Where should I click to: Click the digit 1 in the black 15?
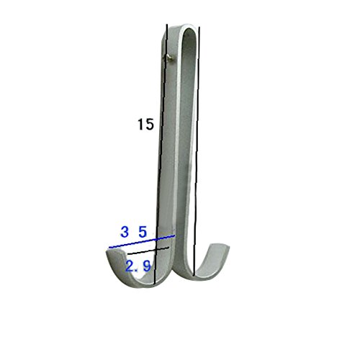tap(140, 125)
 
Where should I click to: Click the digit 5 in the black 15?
tap(149, 125)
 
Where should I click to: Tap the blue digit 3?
tap(125, 232)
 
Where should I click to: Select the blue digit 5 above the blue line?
tap(143, 232)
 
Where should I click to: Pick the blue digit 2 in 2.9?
tap(130, 266)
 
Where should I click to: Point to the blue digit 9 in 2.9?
tap(147, 266)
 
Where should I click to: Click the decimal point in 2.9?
tap(137, 270)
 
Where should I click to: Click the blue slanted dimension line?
tap(142, 242)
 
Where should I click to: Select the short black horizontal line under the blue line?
tap(148, 251)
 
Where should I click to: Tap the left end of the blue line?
tap(109, 248)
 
